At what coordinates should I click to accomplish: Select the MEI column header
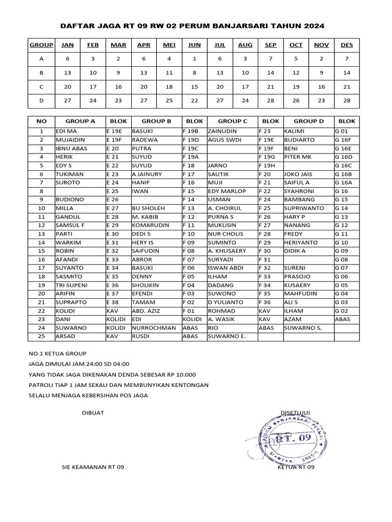coord(169,45)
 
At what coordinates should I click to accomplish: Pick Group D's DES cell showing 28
coord(347,100)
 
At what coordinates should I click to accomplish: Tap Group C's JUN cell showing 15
coord(194,87)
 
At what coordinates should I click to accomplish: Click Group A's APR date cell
coord(144,59)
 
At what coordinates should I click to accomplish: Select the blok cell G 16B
coord(344,174)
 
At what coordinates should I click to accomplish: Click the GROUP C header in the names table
coord(232,122)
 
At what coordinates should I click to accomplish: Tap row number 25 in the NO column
coord(41,336)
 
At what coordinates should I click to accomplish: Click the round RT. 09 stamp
coord(290,437)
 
